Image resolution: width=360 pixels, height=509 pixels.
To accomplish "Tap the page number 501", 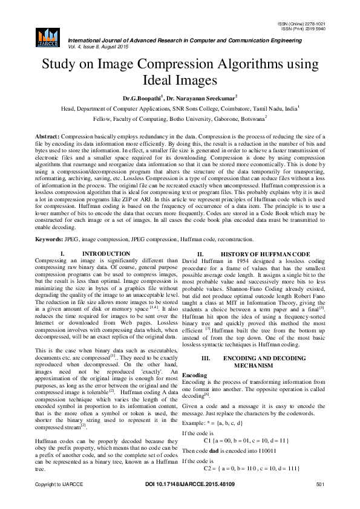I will tap(321, 502).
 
